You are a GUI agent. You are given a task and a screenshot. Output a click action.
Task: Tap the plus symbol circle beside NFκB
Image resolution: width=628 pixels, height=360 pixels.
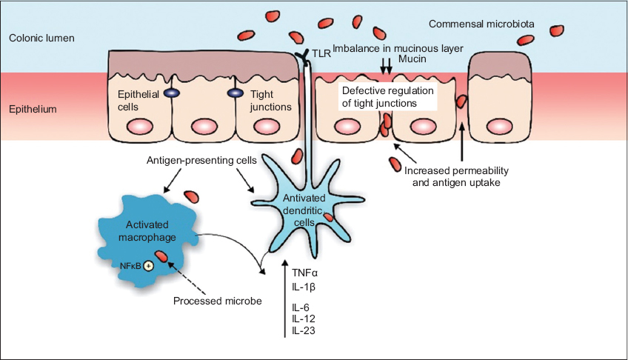tap(148, 265)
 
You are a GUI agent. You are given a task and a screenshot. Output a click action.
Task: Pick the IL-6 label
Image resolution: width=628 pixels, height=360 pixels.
tap(301, 307)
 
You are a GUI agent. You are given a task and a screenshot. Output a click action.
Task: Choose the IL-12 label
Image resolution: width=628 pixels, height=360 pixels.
tap(304, 319)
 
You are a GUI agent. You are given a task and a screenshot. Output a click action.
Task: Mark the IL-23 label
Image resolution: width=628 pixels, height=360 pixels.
tap(304, 330)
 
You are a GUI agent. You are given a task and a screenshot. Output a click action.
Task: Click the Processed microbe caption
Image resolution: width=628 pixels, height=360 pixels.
tap(207, 301)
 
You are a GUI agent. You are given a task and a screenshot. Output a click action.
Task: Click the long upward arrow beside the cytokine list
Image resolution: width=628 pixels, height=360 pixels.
tap(285, 296)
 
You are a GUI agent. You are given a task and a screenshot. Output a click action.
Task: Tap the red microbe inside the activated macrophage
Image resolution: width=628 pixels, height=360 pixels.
tap(161, 258)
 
